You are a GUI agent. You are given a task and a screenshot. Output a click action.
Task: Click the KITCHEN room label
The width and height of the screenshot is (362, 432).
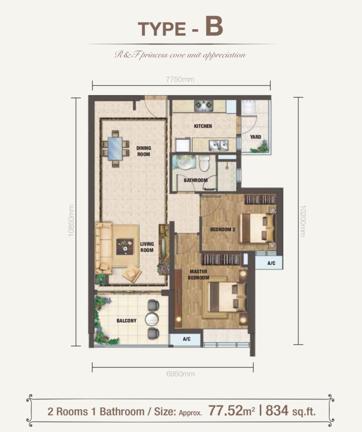pos(203,126)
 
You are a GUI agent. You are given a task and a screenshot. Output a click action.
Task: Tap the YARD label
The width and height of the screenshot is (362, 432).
pos(256,137)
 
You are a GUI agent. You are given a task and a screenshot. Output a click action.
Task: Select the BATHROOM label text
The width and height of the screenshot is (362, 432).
pos(196,180)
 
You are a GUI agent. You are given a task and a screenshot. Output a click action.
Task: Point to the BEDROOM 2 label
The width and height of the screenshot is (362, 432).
pos(223,229)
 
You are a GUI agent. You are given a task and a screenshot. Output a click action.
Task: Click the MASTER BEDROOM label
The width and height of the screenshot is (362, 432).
pos(198,275)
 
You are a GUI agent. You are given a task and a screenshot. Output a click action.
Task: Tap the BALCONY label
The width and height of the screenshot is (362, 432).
pos(126,321)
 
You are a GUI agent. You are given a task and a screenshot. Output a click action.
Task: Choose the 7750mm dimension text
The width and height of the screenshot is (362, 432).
pos(180,79)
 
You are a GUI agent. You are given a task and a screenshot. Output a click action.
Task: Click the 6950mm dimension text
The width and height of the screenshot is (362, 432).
pos(181,374)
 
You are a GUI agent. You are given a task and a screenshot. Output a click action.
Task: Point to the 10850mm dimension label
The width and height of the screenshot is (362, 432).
pos(71,221)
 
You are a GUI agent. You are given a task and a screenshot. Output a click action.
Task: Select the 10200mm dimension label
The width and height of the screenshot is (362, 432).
pos(303,221)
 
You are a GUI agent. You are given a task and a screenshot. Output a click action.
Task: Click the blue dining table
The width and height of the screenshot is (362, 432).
pos(115,148)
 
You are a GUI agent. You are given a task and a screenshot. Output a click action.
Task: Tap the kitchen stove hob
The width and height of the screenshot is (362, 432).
pos(204,105)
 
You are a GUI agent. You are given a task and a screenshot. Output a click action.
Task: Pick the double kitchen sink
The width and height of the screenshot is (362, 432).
pos(218,145)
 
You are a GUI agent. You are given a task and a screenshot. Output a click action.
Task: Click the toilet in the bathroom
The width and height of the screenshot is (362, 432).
pos(204,163)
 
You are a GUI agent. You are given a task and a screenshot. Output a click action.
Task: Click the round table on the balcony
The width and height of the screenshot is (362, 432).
pos(152,319)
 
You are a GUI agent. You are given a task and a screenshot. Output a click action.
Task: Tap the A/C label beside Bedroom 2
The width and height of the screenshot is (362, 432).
pos(271,263)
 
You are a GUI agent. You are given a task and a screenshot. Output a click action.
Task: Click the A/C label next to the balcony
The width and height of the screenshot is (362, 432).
pos(186,339)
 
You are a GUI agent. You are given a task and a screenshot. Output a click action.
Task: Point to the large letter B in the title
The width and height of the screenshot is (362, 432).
pos(214,26)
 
